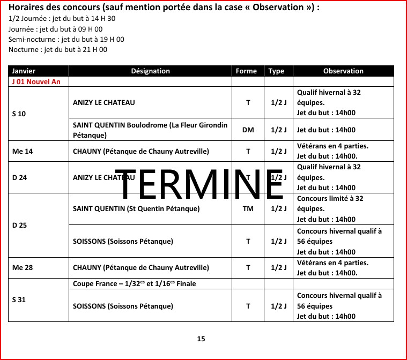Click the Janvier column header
pos(24,71)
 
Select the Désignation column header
pos(150,71)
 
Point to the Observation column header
pos(343,71)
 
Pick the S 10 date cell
pos(19,114)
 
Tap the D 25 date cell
pos(19,225)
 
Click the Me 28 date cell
pos(23,268)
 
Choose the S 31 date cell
pos(19,300)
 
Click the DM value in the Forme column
pos(248,130)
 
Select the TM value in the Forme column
pos(248,209)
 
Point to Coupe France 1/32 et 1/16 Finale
pos(135,283)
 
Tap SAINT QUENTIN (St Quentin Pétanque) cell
pos(136,209)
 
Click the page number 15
pos(201,339)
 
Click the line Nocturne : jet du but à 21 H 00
pos(58,50)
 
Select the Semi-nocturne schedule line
pos(66,39)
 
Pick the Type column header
pos(276,71)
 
